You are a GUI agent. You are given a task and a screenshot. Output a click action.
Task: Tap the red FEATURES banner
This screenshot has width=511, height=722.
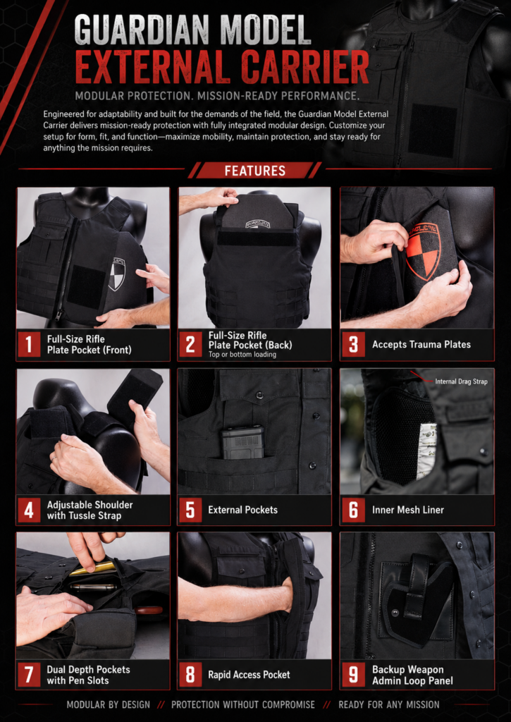(255, 171)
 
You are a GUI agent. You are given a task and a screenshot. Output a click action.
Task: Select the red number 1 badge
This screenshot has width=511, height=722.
(30, 344)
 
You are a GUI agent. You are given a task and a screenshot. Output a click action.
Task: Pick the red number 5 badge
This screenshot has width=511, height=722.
(190, 510)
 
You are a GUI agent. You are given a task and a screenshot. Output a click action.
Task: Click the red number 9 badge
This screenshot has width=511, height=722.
(354, 675)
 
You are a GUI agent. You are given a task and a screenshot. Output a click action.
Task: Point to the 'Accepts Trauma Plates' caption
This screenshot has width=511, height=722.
(421, 344)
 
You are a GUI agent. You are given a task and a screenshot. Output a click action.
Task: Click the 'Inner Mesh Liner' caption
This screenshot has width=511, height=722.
(408, 510)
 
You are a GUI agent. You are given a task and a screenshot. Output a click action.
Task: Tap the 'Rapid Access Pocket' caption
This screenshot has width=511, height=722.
(249, 675)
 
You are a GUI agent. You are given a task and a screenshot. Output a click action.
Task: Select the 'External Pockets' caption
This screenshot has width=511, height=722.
(242, 510)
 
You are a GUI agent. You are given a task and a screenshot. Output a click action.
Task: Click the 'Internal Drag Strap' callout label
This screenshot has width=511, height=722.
(461, 381)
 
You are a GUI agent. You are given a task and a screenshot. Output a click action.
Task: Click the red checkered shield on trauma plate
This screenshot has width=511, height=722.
(423, 251)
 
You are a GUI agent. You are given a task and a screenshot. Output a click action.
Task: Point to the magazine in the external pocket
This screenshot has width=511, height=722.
(243, 443)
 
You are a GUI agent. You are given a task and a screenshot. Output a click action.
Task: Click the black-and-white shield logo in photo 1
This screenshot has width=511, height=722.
(117, 274)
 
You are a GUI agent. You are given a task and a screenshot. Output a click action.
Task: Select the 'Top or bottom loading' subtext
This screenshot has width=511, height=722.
(242, 355)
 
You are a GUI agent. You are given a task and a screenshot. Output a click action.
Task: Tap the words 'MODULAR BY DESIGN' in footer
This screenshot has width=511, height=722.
(108, 704)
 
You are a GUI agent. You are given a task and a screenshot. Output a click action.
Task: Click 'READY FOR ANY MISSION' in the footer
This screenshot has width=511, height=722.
(389, 704)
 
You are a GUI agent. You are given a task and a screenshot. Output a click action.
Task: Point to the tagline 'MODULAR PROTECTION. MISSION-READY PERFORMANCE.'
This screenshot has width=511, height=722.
(217, 96)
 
